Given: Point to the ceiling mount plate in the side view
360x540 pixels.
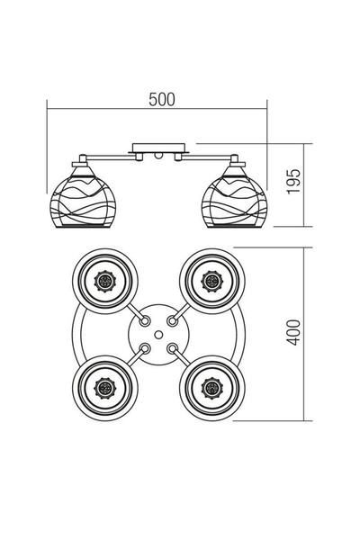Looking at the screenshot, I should click(159, 146).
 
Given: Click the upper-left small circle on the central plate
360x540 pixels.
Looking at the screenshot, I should click(145, 319).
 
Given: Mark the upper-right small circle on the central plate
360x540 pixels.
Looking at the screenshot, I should click(174, 319).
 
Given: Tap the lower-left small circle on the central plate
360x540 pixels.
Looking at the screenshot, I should click(145, 349).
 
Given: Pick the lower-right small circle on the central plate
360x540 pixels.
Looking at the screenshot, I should click(174, 349).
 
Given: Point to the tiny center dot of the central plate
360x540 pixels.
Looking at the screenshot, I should click(159, 335).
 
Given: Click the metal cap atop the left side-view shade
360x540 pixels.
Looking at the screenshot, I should click(80, 162).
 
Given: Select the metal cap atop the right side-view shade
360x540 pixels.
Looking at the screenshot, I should click(240, 162).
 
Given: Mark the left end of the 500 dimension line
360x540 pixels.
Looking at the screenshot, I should click(48, 110).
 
